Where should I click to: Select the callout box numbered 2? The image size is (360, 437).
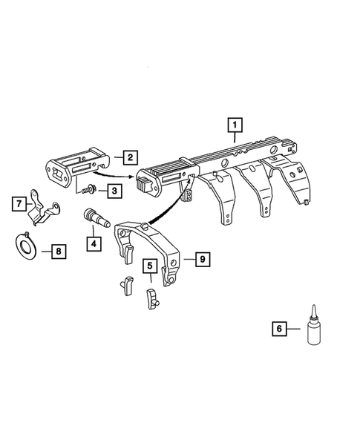(x=129, y=157)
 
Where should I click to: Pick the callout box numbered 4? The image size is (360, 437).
(x=93, y=243)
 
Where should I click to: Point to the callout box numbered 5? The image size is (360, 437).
(x=149, y=265)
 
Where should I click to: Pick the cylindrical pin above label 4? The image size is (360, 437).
(x=93, y=219)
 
